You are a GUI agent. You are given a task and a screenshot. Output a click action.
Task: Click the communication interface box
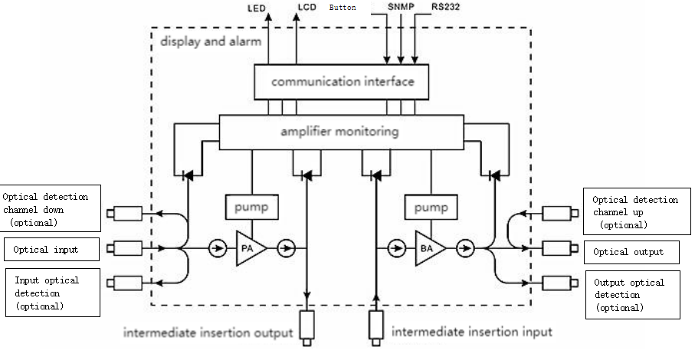342,82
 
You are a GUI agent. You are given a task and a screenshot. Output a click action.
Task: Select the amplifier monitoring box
341,132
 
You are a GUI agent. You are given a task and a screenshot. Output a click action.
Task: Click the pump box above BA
431,207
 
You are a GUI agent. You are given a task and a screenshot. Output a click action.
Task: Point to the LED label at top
257,10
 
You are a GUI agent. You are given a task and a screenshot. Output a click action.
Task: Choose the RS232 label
444,8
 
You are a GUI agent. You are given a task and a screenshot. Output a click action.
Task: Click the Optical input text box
52,250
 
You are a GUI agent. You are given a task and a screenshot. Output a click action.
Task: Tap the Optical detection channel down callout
51,209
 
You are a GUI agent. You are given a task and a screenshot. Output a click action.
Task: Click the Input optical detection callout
52,293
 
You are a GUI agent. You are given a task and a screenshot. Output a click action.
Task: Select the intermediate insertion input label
472,332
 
